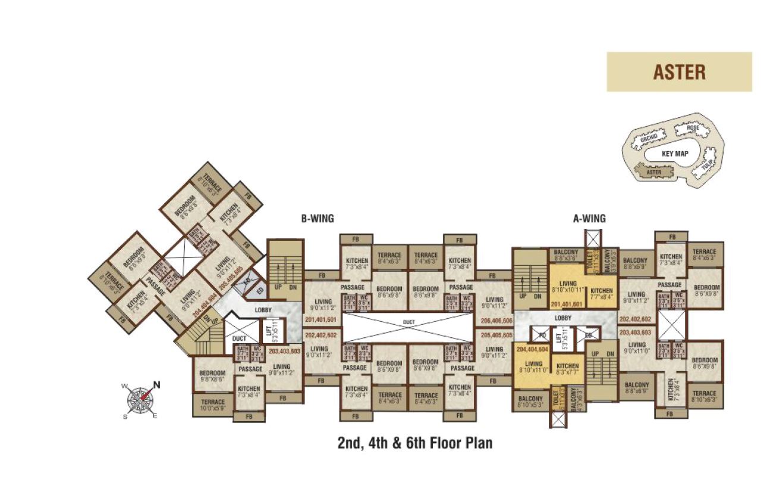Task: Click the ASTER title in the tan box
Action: tap(679, 72)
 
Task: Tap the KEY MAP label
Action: tap(674, 153)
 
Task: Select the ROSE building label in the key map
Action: tap(692, 128)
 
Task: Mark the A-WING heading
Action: tap(589, 219)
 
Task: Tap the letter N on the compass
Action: tap(157, 384)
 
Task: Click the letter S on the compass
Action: tap(125, 416)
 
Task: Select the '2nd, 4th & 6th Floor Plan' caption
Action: tap(415, 443)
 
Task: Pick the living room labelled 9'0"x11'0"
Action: tap(636, 348)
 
